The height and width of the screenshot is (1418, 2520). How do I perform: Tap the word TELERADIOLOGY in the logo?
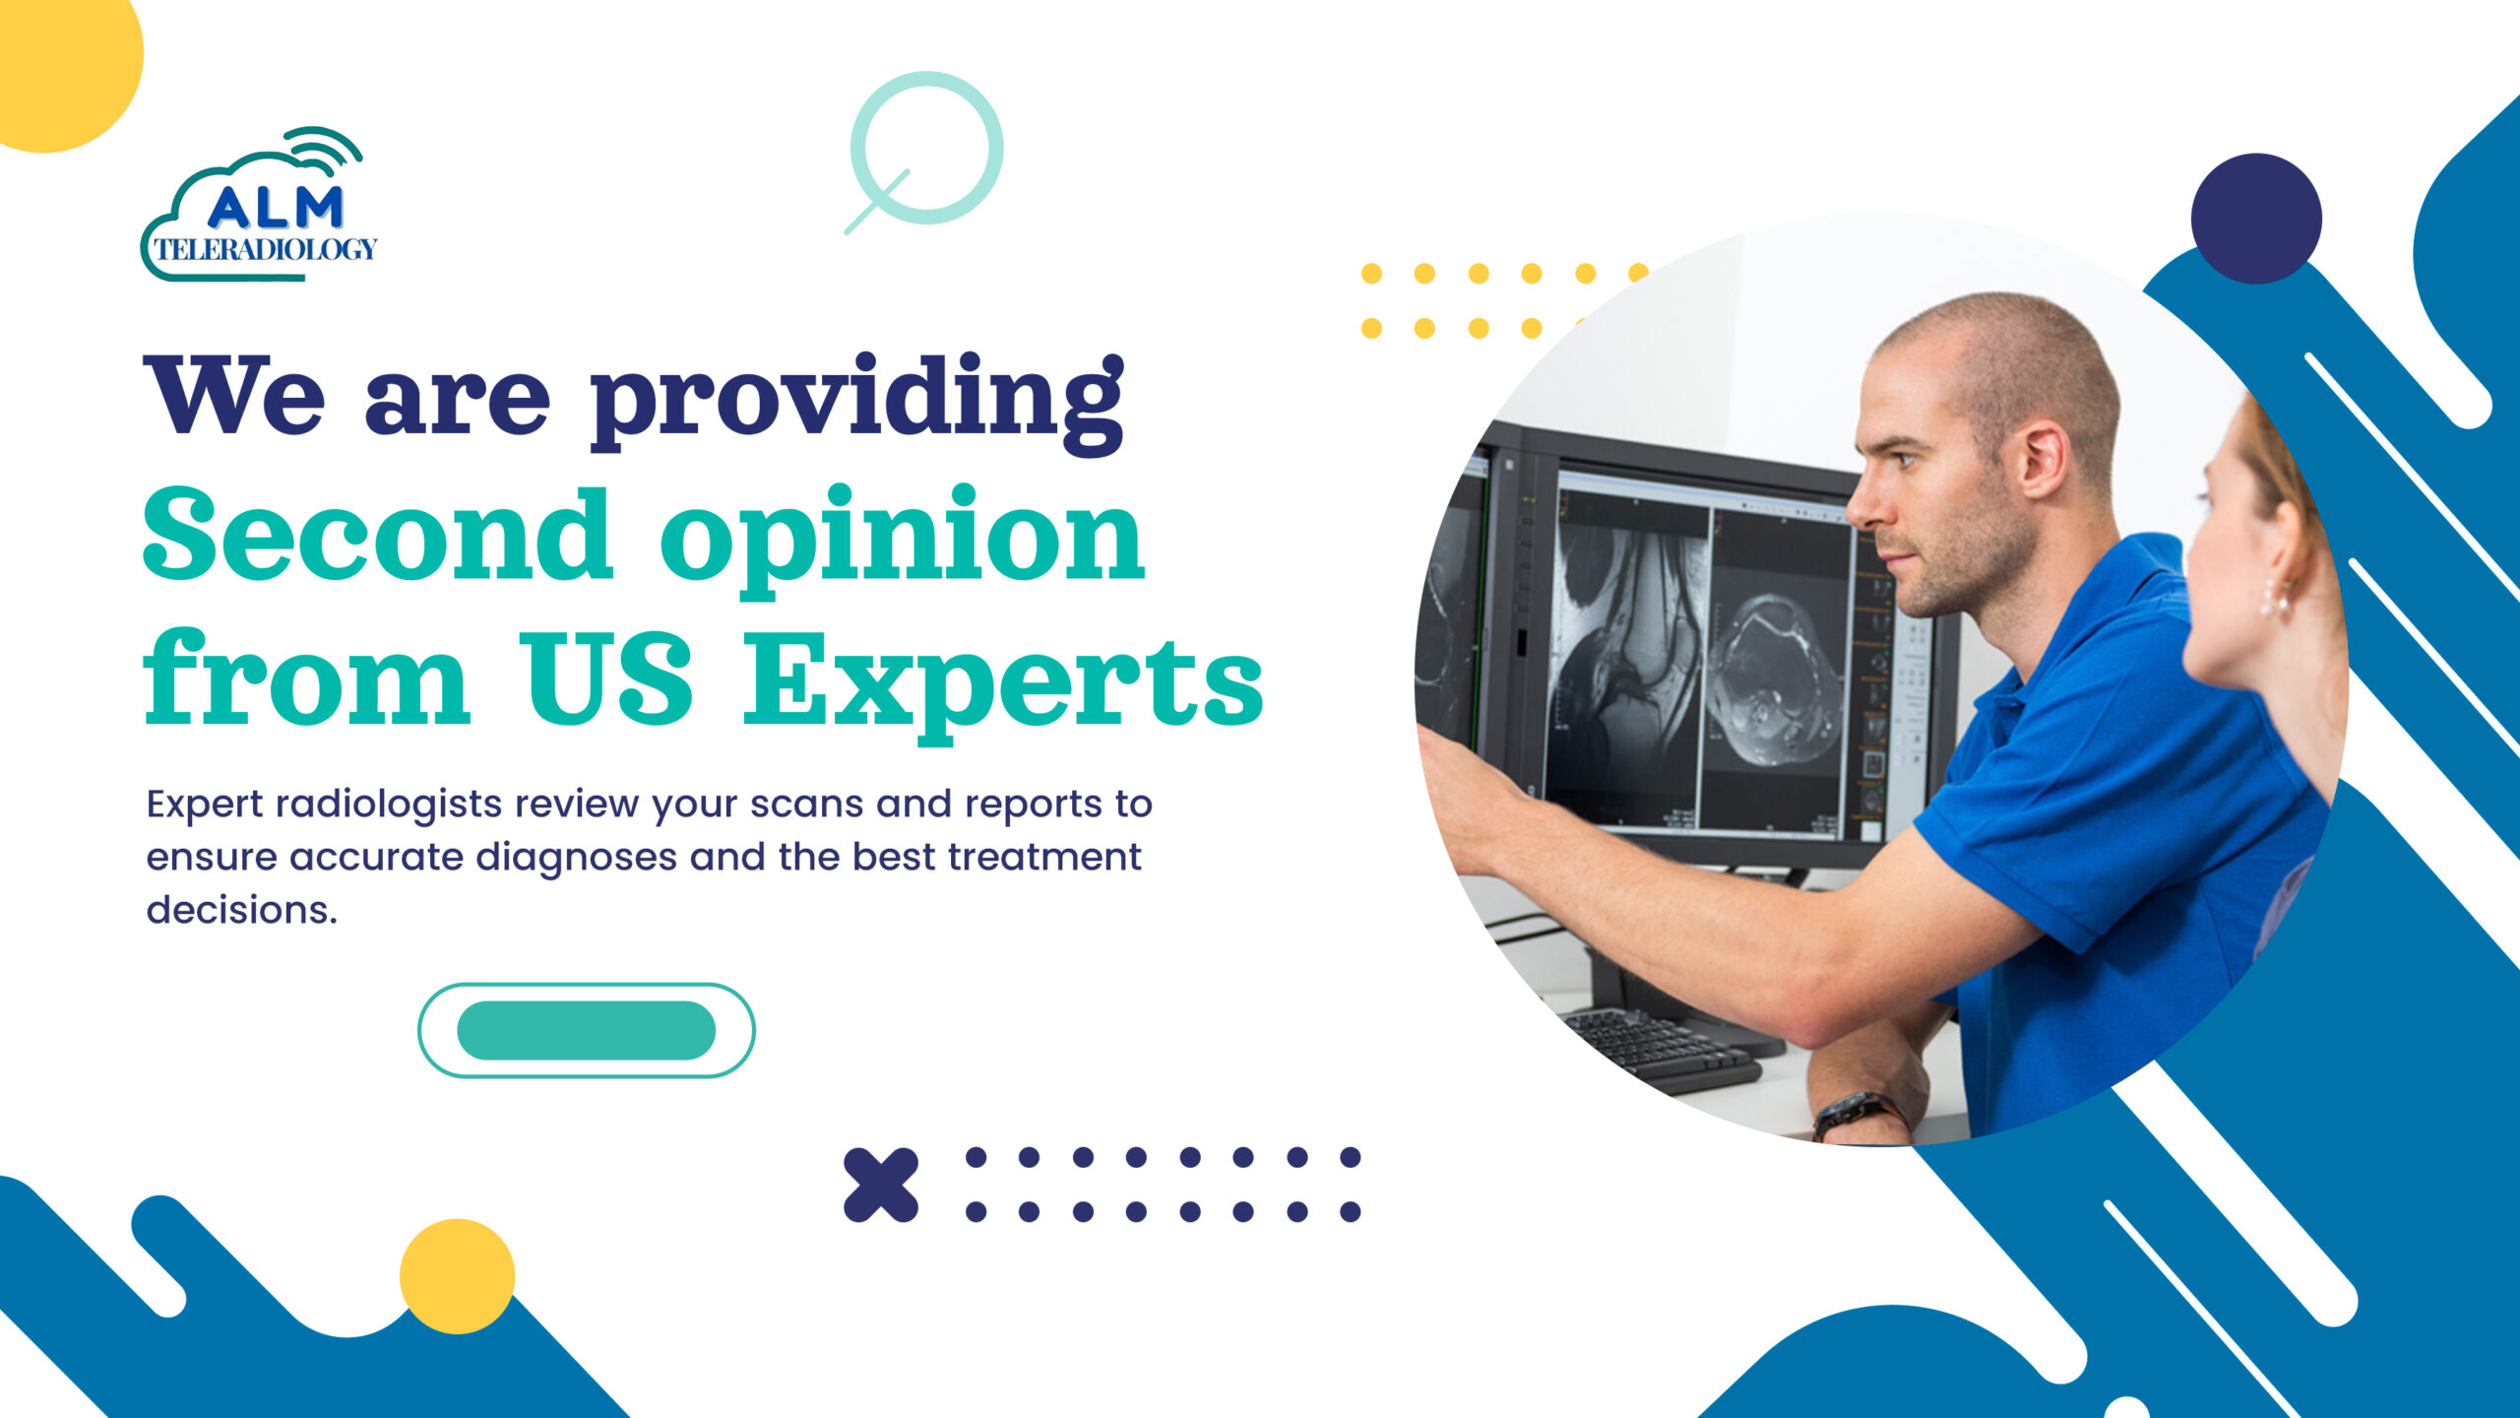266,249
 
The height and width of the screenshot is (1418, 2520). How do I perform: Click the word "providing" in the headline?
857,402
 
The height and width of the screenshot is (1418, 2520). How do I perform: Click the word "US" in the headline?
606,677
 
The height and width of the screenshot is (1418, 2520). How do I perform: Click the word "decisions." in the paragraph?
242,910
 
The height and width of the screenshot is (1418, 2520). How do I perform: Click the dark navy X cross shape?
881,1185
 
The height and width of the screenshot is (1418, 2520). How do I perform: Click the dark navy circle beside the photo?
2256,219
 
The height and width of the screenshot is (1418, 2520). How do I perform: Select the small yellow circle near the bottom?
457,1276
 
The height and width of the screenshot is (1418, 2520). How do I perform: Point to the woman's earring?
2274,598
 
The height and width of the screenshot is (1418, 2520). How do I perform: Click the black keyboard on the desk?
1664,1050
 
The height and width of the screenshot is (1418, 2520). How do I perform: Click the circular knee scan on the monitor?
1772,679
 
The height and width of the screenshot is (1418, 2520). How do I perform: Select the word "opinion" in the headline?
902,540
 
